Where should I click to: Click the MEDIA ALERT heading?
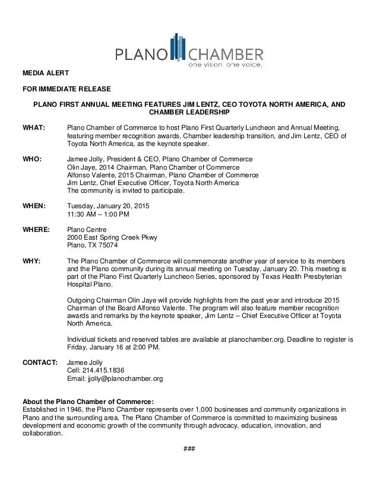point(45,74)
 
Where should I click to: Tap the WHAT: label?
point(34,128)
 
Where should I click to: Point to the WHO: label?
point(32,160)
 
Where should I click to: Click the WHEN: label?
point(34,206)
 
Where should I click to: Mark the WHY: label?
point(31,261)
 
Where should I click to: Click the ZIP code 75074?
point(108,246)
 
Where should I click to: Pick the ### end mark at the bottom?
point(190,446)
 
